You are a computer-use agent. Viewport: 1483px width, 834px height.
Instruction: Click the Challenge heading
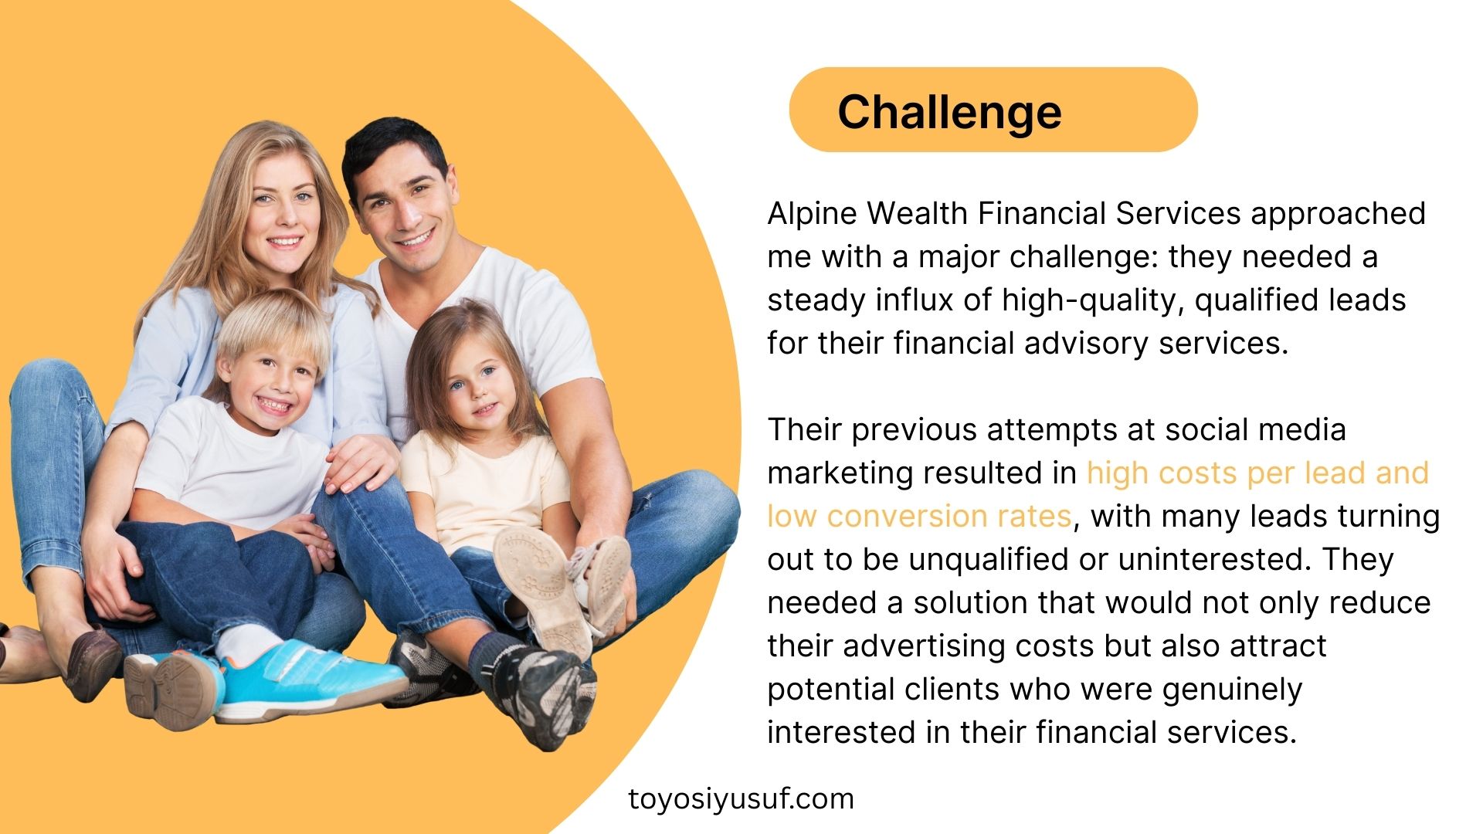coord(949,113)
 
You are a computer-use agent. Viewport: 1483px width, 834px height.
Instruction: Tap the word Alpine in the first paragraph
coord(813,214)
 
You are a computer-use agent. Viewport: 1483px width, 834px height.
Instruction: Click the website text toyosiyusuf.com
coord(741,799)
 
